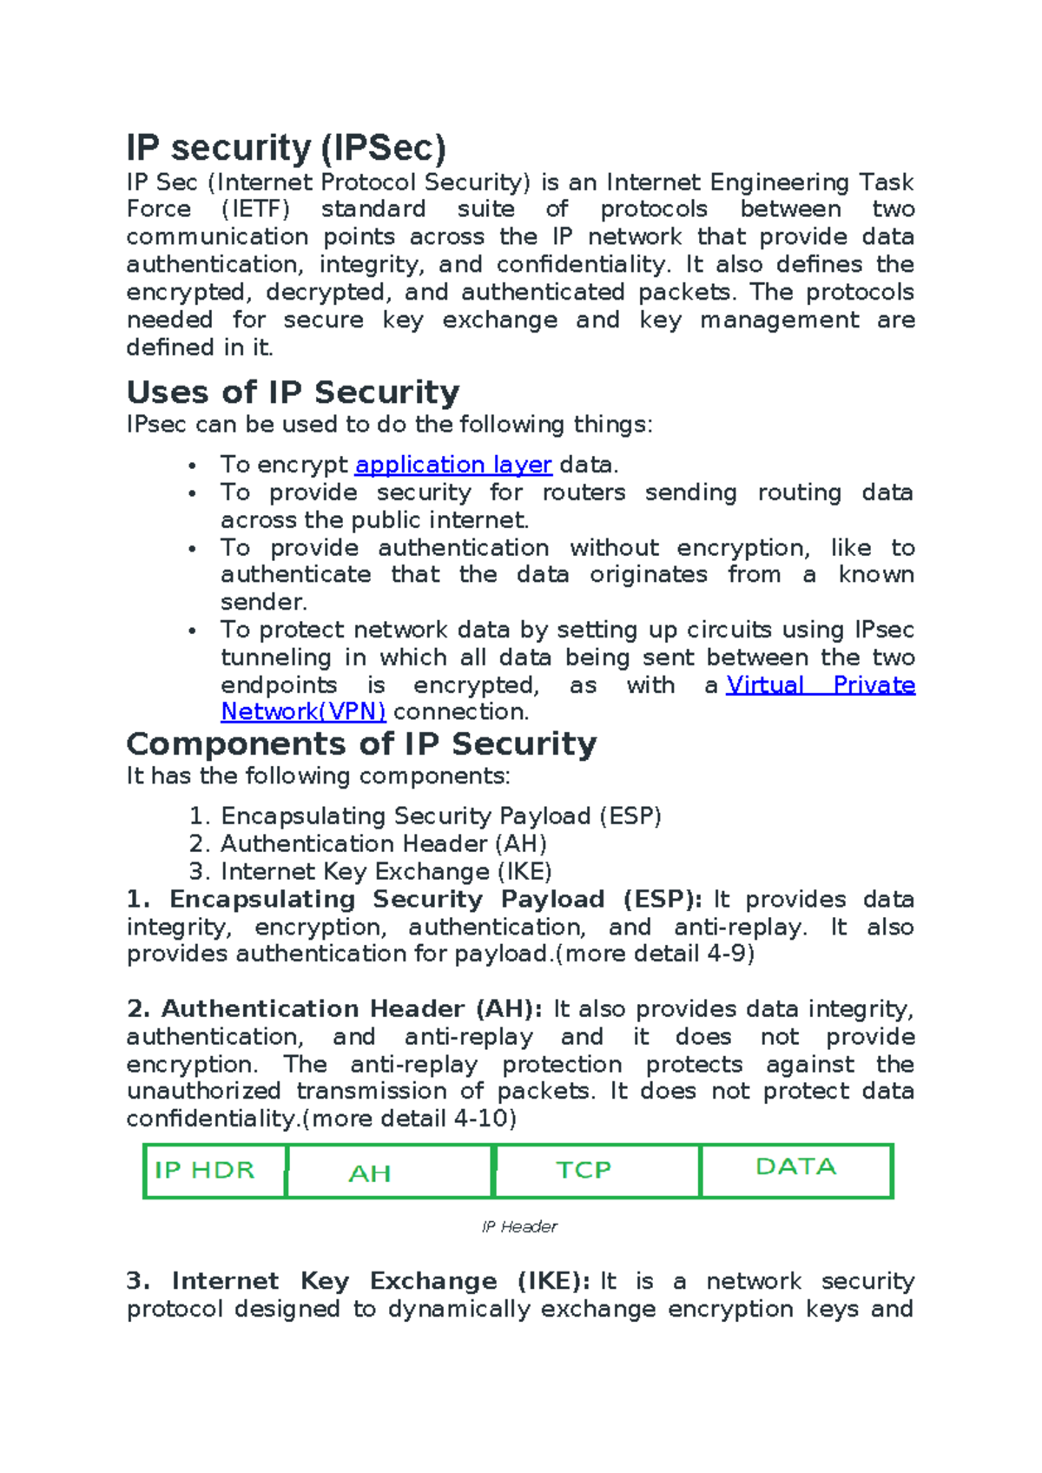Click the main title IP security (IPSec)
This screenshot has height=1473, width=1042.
coord(286,148)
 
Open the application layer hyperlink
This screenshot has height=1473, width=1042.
coord(453,466)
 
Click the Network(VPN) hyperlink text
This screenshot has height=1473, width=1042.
coord(303,712)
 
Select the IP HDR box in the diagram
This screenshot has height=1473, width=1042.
coord(214,1172)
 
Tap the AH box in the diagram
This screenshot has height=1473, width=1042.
coord(388,1172)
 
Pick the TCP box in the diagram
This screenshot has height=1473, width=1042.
coord(596,1172)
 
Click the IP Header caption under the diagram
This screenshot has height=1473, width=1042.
coord(519,1227)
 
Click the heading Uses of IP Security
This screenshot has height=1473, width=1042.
coord(293,393)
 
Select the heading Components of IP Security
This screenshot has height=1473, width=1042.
coord(361,744)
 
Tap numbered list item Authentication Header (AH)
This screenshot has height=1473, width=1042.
coord(383,844)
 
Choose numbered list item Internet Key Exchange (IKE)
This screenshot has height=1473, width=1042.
coord(386,872)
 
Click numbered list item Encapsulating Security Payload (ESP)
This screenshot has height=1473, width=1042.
coord(440,816)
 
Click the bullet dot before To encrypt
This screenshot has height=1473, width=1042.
coord(193,466)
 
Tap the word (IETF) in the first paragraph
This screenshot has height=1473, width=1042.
coord(255,209)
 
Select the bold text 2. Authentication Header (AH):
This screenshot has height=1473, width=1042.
coord(334,1009)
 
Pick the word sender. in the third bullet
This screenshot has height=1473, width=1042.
coord(263,603)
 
